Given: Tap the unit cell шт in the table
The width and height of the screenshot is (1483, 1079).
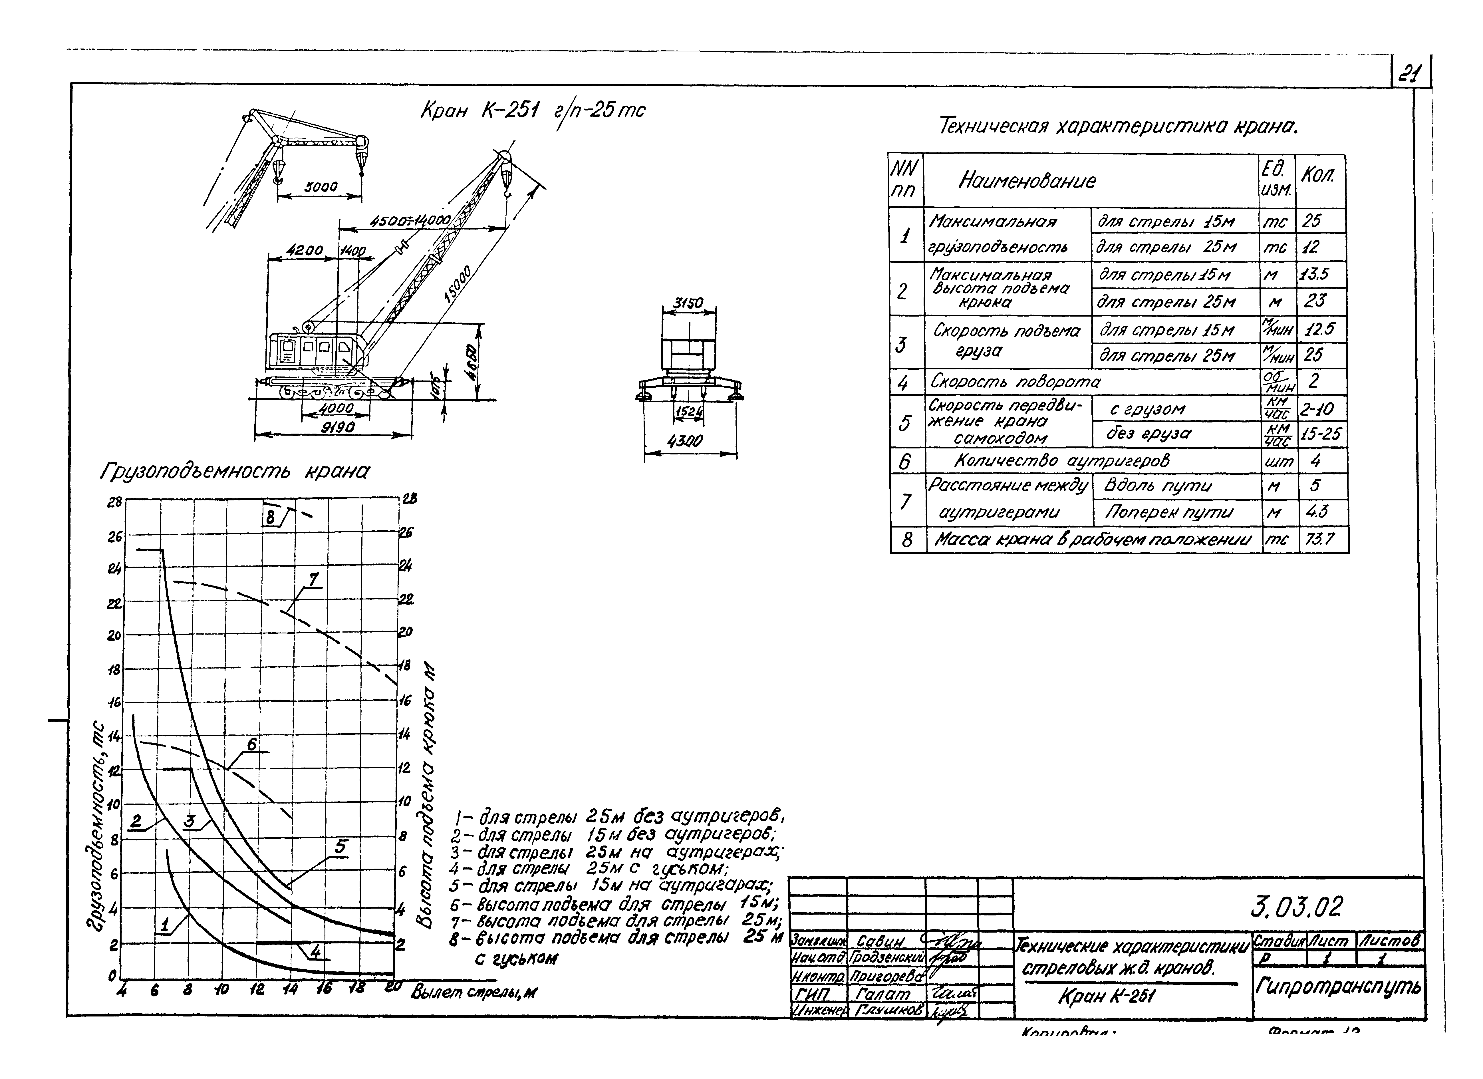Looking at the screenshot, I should [1279, 461].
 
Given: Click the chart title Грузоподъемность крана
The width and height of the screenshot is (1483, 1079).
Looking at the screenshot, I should [234, 472].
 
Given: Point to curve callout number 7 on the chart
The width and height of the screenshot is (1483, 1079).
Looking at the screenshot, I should [313, 580].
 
